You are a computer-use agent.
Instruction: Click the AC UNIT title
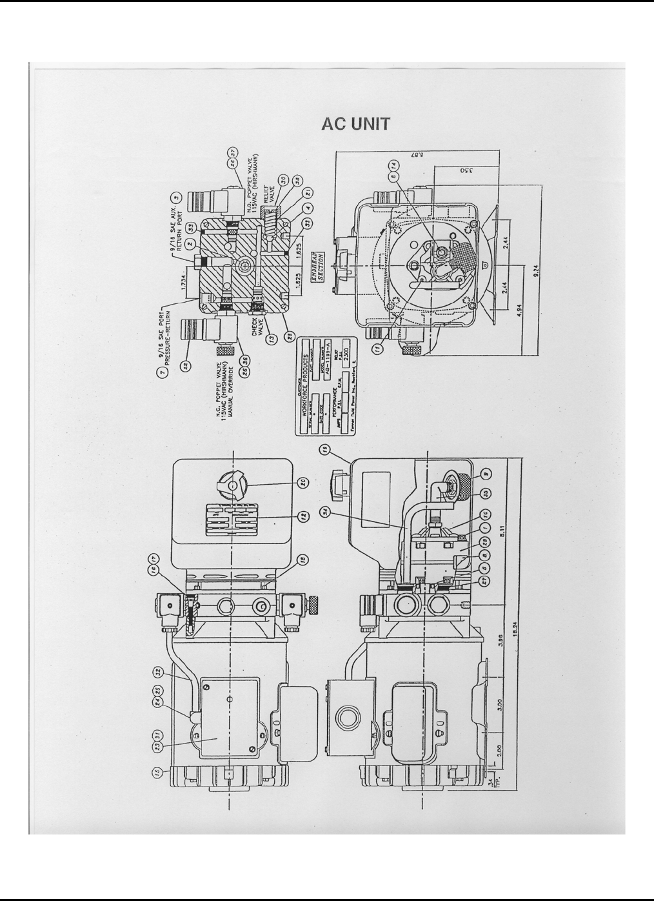coord(355,125)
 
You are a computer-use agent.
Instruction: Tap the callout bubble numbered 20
coord(304,481)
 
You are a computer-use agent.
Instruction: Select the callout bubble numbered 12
coord(304,518)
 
